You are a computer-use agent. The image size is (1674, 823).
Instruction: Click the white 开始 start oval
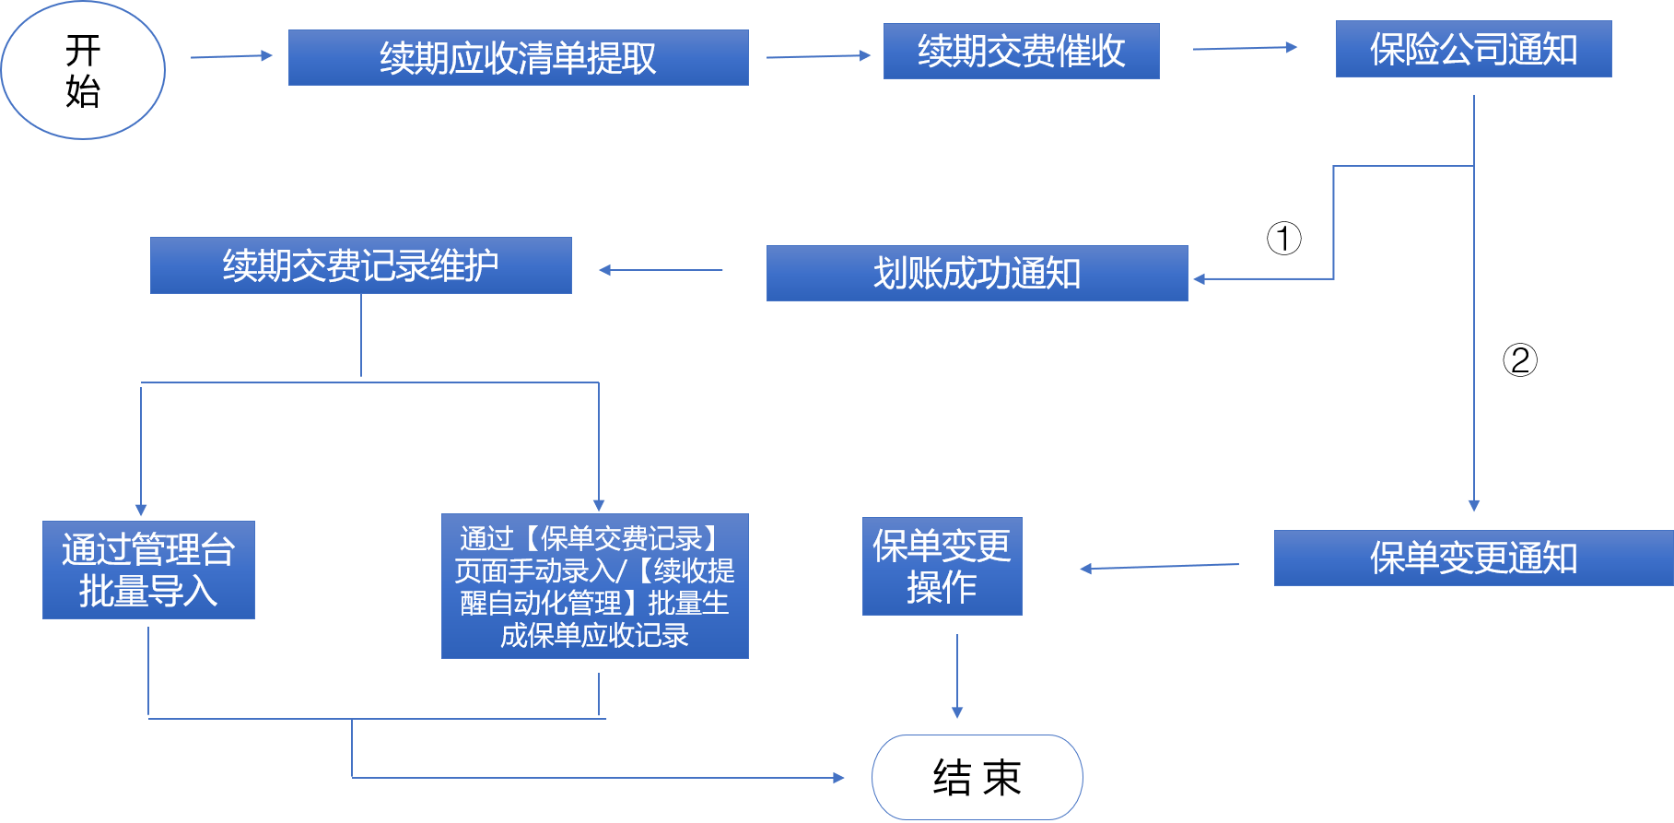83,70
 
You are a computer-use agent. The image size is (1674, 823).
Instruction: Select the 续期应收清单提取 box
518,57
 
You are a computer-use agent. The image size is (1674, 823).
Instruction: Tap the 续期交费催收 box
1021,51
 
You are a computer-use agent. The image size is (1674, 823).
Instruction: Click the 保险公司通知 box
1473,49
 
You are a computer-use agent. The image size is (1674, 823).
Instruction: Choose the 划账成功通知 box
977,273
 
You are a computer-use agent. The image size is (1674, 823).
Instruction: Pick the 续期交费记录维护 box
360,265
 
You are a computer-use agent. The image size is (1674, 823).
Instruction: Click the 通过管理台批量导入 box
148,570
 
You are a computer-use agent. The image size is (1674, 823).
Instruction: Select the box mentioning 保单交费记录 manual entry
594,586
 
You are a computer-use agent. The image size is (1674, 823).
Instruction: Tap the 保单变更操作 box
942,566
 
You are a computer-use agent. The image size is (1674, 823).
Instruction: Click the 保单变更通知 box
1472,558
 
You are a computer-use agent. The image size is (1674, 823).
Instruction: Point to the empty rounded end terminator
977,777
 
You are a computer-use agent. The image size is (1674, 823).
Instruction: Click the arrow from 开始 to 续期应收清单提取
230,56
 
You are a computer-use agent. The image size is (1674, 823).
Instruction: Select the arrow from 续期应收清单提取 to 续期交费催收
817,56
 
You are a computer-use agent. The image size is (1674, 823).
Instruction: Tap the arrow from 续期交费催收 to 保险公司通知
1244,48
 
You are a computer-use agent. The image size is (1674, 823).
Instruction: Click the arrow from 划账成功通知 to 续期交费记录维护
661,270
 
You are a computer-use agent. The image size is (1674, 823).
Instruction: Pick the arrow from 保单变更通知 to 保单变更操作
1159,566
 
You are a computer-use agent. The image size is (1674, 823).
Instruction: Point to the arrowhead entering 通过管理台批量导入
141,510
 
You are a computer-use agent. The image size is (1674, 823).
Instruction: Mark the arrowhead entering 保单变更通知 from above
1474,505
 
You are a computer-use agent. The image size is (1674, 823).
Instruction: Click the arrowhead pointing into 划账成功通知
1200,278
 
